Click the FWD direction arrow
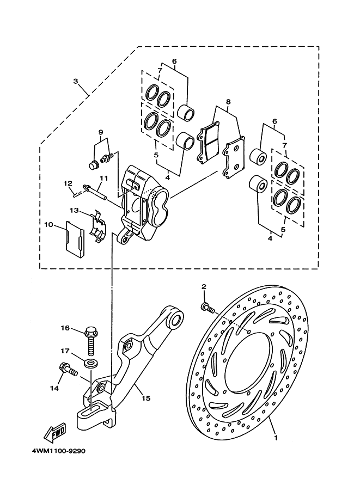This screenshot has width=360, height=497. [x=55, y=433]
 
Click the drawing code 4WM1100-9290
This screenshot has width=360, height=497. [x=58, y=451]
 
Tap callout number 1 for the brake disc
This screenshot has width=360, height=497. [x=276, y=438]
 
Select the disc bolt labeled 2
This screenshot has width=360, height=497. [x=208, y=308]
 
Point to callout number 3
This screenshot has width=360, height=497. [x=76, y=81]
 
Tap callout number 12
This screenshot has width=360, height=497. [x=68, y=183]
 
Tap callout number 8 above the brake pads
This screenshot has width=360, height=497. [x=228, y=102]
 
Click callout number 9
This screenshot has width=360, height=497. [x=101, y=132]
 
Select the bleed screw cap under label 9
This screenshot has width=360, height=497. [x=93, y=164]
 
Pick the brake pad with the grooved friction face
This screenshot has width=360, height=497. [x=209, y=142]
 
